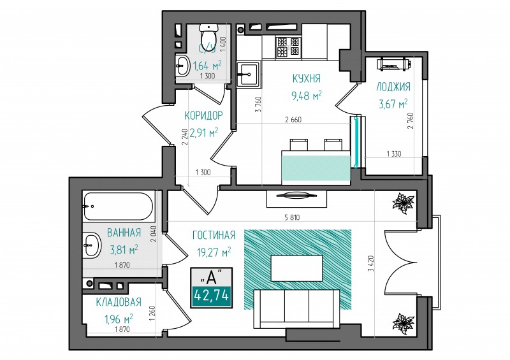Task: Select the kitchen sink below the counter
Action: [248, 75]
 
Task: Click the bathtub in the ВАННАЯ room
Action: [119, 206]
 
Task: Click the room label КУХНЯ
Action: [307, 78]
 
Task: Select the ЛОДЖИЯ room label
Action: [393, 87]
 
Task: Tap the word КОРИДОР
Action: [203, 115]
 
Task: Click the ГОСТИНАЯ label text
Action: [214, 235]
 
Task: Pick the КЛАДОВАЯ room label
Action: [119, 302]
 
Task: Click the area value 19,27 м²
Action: [214, 252]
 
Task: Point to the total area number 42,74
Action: [212, 296]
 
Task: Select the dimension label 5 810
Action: [292, 218]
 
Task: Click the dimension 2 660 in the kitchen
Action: [293, 120]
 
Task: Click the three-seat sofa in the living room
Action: [296, 308]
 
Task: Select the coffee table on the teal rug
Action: [296, 268]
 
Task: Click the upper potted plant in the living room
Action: [404, 203]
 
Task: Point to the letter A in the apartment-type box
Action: [212, 277]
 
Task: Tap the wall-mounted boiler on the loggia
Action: [394, 64]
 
